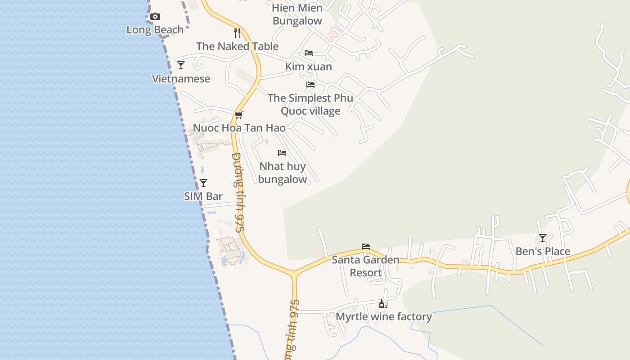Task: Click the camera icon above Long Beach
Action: (155, 17)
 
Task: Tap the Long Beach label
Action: (155, 30)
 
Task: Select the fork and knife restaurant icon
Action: (237, 33)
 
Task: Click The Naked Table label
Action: (237, 46)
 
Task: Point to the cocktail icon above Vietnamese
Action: (181, 65)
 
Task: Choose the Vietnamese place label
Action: (181, 79)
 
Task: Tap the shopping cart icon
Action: (239, 115)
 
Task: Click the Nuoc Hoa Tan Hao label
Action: (239, 128)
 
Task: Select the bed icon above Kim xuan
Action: (309, 53)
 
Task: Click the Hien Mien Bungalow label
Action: (297, 14)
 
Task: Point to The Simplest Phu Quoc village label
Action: (310, 104)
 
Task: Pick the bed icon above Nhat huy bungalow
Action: (282, 153)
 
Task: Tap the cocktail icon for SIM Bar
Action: (203, 183)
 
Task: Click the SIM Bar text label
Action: (203, 196)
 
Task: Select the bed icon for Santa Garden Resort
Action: (366, 247)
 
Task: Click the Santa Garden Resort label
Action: (365, 266)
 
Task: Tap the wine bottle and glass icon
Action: (383, 304)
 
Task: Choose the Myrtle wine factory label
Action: (384, 317)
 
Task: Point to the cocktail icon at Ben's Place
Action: (543, 238)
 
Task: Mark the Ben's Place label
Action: (543, 251)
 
